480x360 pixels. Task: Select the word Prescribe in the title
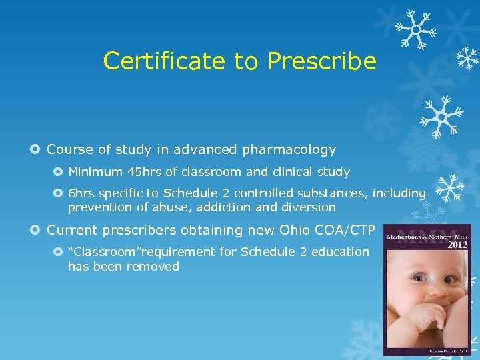[322, 61]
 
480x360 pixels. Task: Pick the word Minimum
[94, 172]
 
